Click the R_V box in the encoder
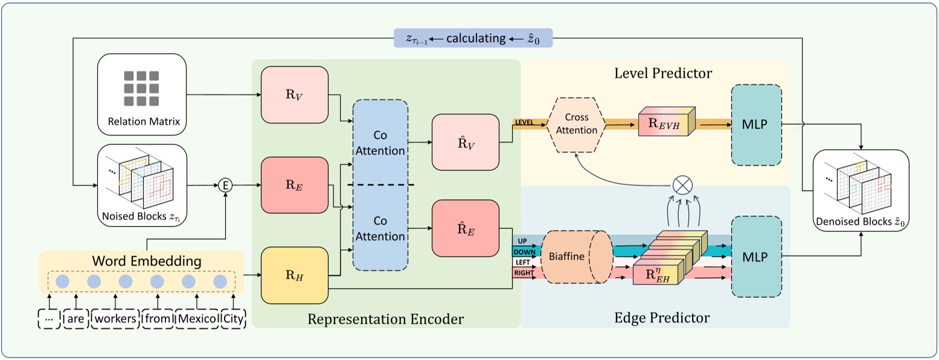294,94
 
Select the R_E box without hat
294,185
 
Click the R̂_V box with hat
465,143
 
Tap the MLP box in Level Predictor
756,126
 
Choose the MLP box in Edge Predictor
756,257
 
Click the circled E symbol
225,185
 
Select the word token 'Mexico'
197,318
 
